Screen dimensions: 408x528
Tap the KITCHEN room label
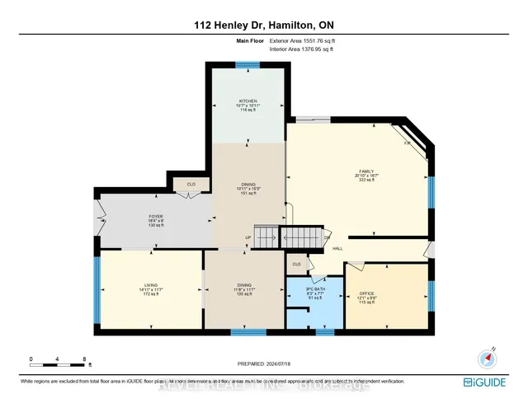coord(247,101)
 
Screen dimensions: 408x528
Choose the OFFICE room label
coord(366,293)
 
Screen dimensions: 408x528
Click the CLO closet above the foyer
coord(191,185)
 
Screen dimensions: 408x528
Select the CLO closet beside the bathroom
coord(296,263)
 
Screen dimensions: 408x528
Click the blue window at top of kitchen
coord(247,64)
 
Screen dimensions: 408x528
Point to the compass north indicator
coord(486,358)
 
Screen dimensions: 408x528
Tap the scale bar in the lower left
coord(59,360)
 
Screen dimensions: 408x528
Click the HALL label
coord(338,247)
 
